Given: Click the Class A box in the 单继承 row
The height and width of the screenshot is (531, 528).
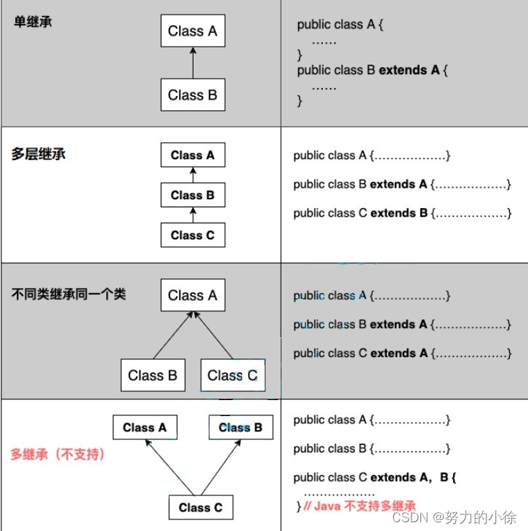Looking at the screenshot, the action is pos(193,31).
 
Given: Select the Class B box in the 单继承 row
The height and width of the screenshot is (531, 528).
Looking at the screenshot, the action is pos(193,95).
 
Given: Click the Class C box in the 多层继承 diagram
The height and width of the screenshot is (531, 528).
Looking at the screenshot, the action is pos(193,235).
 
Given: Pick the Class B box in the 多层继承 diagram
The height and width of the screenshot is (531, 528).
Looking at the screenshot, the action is pos(193,195).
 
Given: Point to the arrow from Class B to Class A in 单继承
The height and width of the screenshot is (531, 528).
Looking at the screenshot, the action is pos(193,63).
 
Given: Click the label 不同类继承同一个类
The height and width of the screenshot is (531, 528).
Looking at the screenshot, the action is pos(69,295).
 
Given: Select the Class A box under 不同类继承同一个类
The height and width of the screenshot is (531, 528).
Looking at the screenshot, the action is pos(193,295).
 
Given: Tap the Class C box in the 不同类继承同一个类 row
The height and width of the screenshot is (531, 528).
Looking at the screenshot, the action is pos(232,375).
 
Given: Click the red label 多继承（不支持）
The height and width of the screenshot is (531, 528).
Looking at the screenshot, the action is pos(57,455).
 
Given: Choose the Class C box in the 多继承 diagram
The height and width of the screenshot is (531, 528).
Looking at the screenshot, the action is pos(201,507).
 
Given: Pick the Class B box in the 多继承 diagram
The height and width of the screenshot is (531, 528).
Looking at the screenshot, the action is pos(241,427).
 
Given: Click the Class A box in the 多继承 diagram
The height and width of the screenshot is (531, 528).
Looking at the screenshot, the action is pos(145,427).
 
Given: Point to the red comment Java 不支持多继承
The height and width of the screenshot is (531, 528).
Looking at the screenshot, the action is pos(360,506).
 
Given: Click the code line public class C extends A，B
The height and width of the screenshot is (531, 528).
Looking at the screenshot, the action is pos(375,478).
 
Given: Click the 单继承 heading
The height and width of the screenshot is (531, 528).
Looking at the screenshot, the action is pos(33,21).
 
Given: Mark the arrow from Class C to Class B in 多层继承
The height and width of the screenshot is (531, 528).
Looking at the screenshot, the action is pos(193,215).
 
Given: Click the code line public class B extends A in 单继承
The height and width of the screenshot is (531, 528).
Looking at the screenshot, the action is pos(373,71).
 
